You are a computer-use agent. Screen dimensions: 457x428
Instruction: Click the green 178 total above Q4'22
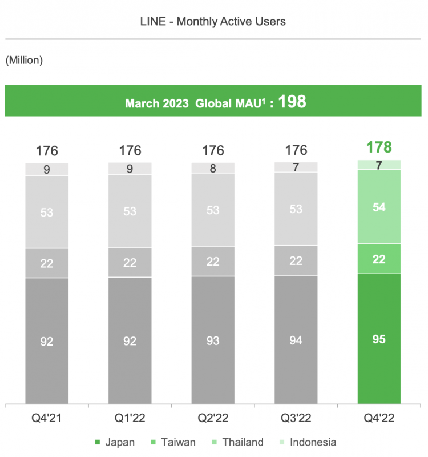click(379, 147)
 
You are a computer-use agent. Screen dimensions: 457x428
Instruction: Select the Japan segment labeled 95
click(379, 339)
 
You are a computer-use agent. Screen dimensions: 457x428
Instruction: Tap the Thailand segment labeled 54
click(379, 207)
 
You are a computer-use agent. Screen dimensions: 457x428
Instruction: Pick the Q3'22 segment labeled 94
click(296, 340)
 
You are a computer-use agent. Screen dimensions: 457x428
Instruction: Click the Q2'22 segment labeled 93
click(213, 340)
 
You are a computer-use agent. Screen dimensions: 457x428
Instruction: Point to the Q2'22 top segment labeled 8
click(213, 168)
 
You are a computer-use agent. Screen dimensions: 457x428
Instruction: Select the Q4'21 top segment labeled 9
click(47, 169)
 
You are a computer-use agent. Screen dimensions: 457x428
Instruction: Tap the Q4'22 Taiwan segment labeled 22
click(379, 259)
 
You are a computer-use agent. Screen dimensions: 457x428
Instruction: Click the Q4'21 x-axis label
click(47, 417)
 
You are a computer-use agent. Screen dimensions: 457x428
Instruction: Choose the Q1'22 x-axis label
click(130, 417)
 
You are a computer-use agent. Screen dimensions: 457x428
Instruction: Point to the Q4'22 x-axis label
click(379, 417)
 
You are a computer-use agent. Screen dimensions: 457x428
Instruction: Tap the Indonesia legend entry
click(308, 442)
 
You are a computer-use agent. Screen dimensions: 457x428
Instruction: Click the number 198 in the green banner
click(292, 102)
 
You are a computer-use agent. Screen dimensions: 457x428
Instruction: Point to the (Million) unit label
click(24, 60)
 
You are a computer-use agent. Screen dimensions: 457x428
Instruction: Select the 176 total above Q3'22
click(296, 151)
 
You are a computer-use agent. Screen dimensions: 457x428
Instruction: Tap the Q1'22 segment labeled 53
click(130, 211)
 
